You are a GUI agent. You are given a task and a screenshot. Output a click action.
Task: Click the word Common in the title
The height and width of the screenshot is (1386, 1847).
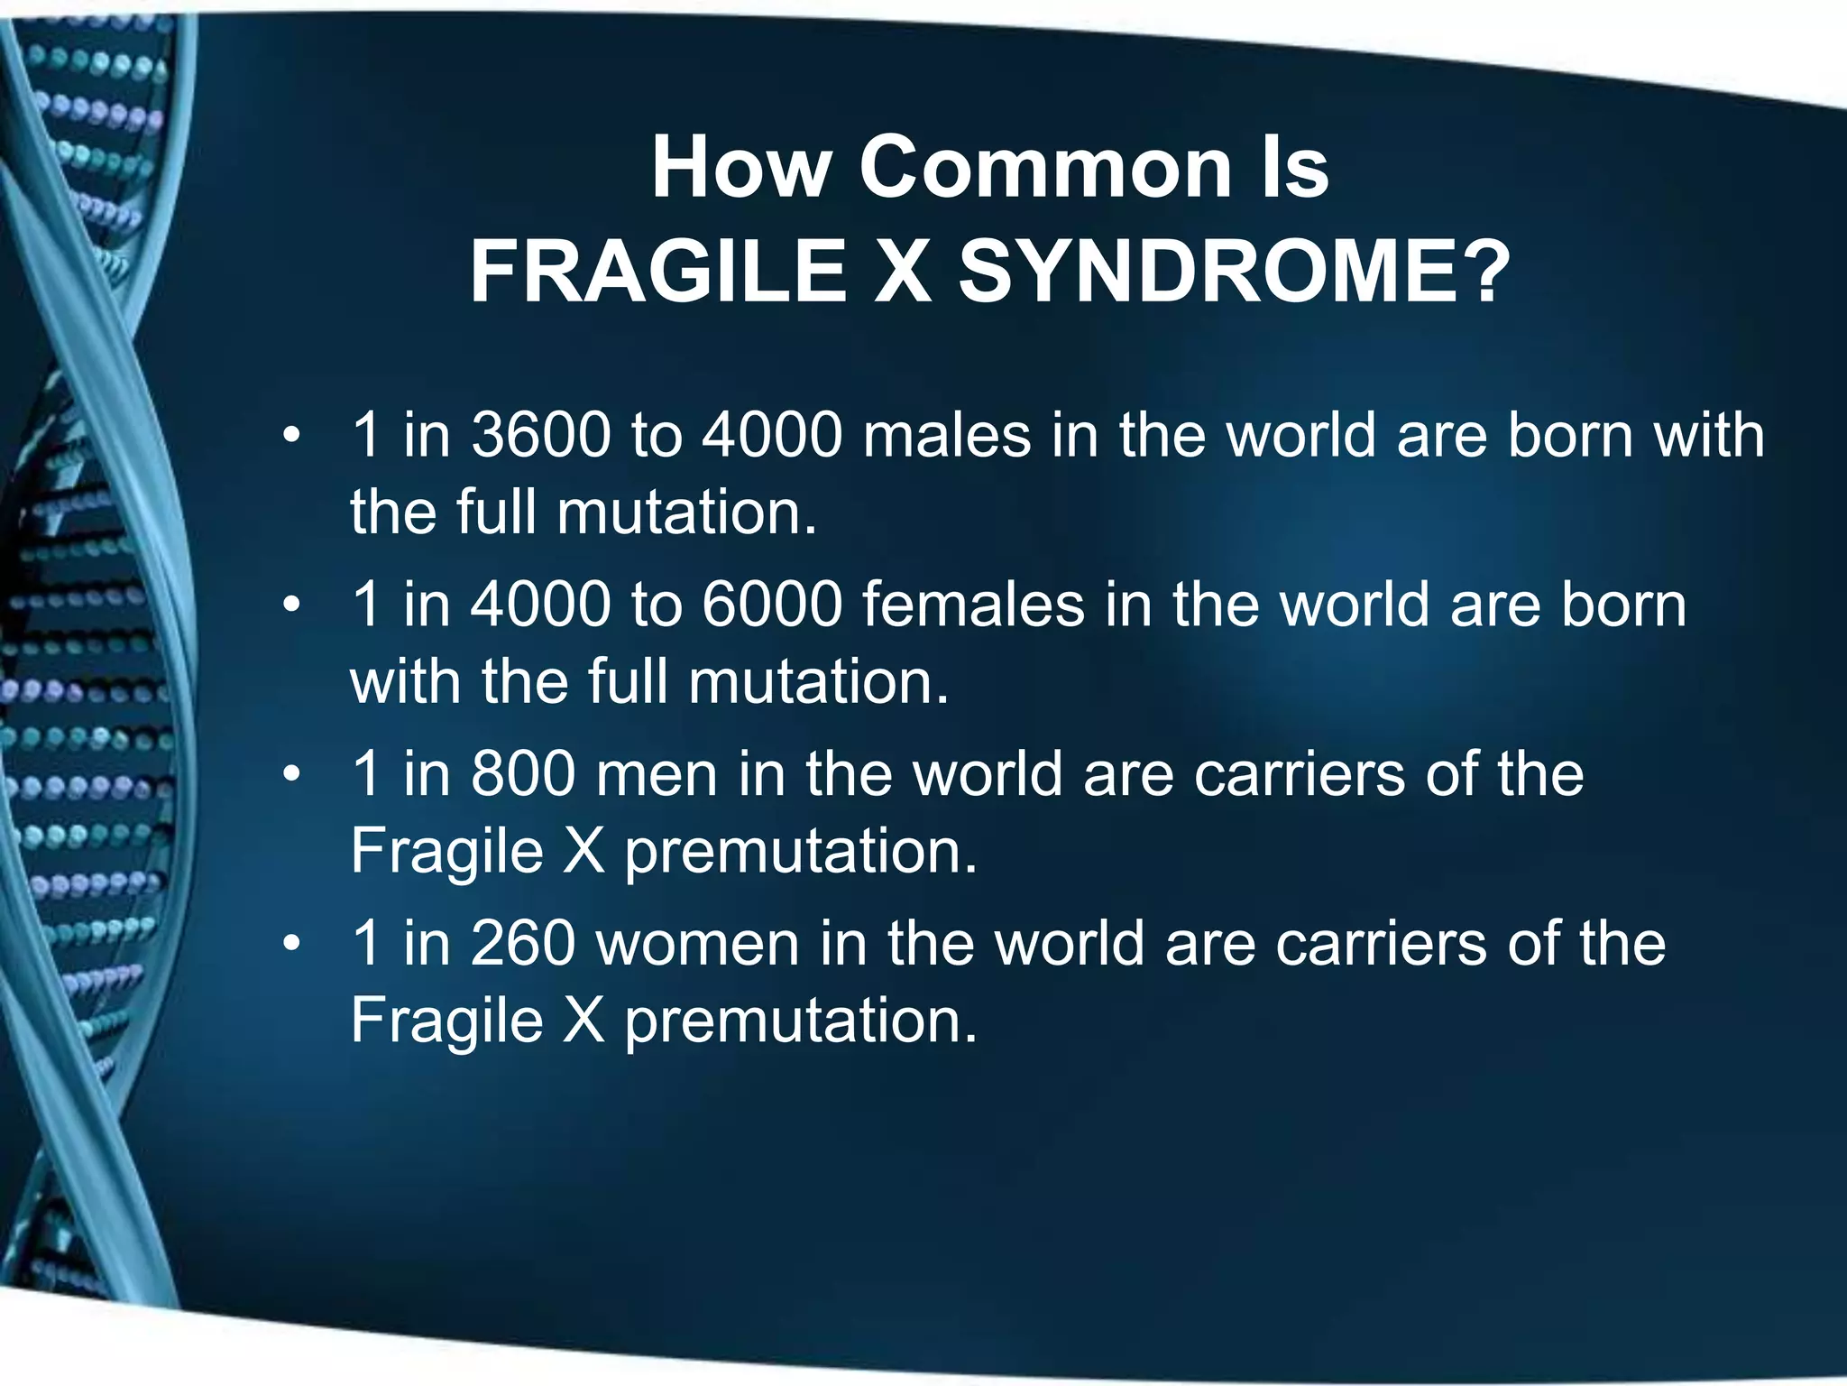1044,168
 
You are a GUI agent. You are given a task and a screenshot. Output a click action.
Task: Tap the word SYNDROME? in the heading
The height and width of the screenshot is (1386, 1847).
1234,272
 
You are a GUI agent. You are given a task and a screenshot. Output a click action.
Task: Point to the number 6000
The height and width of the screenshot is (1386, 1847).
772,605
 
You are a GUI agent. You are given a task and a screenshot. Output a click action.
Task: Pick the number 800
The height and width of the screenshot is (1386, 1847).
523,774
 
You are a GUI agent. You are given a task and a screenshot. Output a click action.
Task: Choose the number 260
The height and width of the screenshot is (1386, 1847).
523,944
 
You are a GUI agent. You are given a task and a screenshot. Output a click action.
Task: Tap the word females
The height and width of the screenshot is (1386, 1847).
973,605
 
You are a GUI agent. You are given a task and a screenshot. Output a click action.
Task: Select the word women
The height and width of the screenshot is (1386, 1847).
698,944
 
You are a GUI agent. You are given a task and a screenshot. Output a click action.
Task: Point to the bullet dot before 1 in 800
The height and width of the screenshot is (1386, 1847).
290,775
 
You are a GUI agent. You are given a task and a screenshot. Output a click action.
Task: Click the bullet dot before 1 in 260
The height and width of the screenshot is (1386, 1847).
290,945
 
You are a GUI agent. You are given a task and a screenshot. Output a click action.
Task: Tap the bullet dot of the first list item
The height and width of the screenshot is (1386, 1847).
290,437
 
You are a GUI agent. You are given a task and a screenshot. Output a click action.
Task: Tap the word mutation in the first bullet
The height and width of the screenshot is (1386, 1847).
685,513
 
